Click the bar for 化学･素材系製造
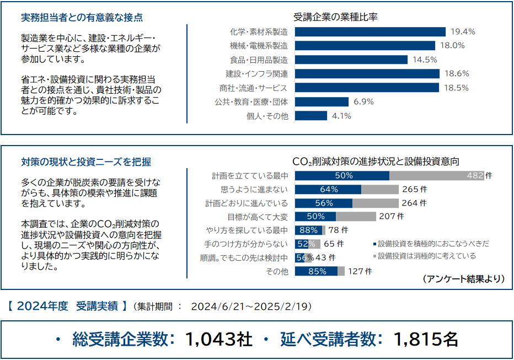coord(370,31)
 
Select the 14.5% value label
coord(424,60)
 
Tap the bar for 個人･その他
coord(311,116)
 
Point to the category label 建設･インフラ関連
coord(256,73)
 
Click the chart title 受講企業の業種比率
coord(336,17)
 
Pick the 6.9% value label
coord(363,101)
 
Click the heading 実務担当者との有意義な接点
coord(82,17)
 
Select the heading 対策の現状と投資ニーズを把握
coord(86,162)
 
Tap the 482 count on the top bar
coord(475,176)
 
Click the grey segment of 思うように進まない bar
coord(379,190)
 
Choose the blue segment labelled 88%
coord(309,230)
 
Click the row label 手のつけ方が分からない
coord(246,244)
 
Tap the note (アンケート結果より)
coord(464,279)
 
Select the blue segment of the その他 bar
coord(316,271)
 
